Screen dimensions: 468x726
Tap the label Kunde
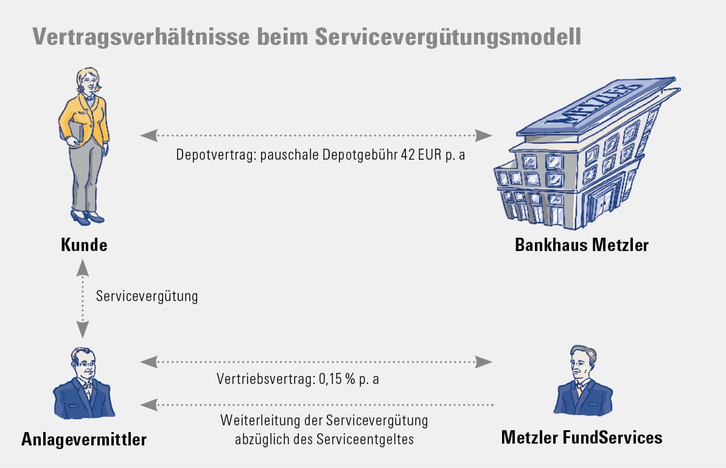[x=84, y=245]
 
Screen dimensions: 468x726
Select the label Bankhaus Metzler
[x=582, y=245]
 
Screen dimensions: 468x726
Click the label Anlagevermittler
[x=84, y=438]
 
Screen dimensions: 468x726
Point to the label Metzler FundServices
[x=582, y=437]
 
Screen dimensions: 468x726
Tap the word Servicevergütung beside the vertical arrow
[x=147, y=297]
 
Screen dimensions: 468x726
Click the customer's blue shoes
[x=87, y=216]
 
